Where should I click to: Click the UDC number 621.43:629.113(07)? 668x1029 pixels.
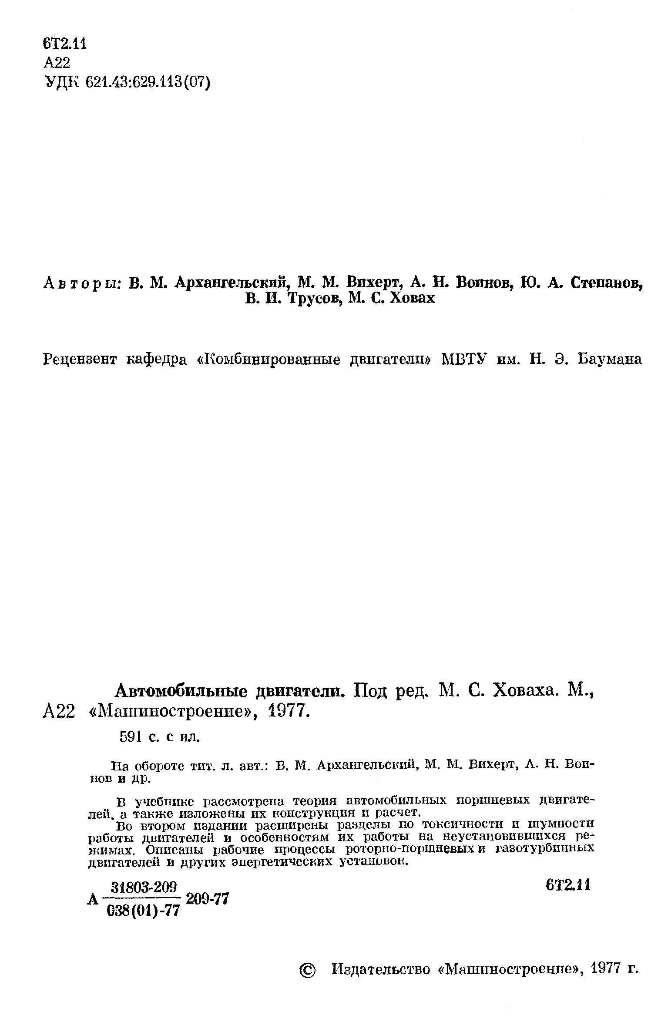click(148, 82)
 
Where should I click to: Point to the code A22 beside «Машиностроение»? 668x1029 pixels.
click(59, 713)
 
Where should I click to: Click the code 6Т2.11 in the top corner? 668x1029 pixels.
click(65, 44)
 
